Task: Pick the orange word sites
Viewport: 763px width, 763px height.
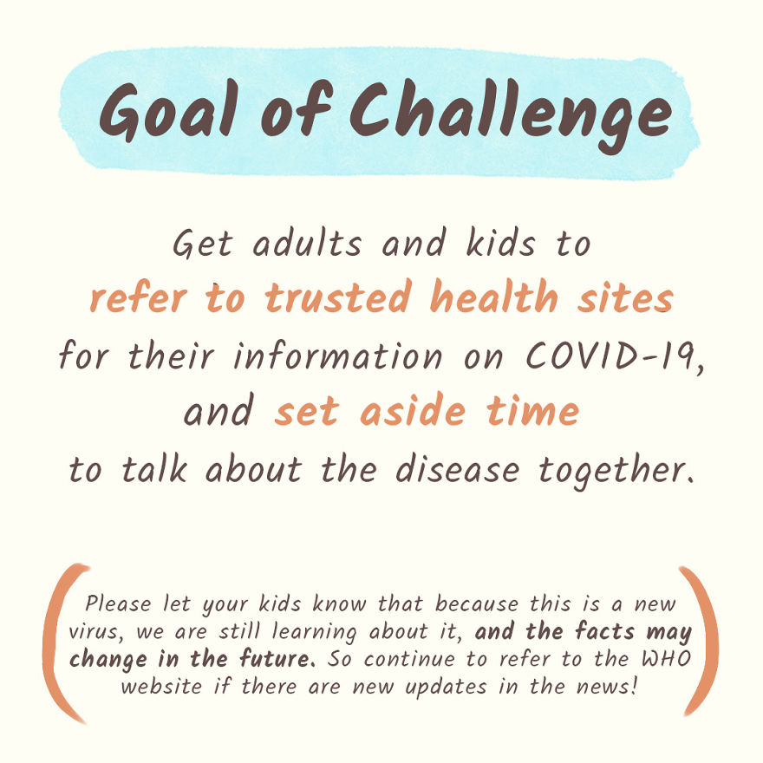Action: (632, 298)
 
